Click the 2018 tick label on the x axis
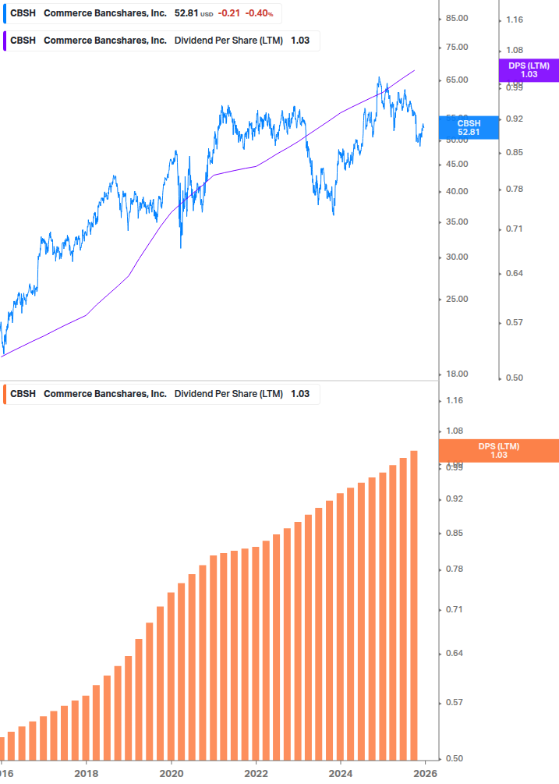pyautogui.click(x=86, y=773)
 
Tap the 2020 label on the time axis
pyautogui.click(x=171, y=773)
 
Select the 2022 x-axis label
pyautogui.click(x=256, y=773)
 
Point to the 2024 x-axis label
pyautogui.click(x=341, y=773)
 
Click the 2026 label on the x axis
pyautogui.click(x=425, y=773)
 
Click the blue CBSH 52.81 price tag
pyautogui.click(x=469, y=127)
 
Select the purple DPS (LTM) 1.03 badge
pyautogui.click(x=529, y=70)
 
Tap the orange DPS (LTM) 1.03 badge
pyautogui.click(x=499, y=450)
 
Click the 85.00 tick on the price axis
pyautogui.click(x=455, y=19)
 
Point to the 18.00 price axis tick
pyautogui.click(x=455, y=374)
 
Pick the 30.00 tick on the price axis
pyautogui.click(x=455, y=257)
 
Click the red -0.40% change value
pyautogui.click(x=260, y=14)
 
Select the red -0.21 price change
pyautogui.click(x=229, y=14)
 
